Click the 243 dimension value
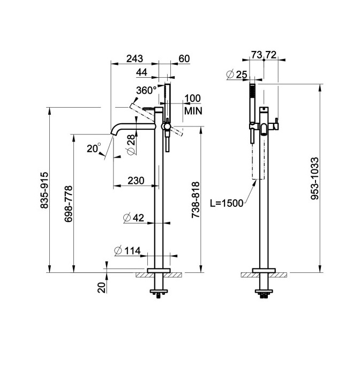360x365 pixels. point(134,58)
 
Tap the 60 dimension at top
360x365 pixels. point(184,58)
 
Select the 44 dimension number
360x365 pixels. point(141,72)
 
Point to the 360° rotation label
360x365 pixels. point(146,91)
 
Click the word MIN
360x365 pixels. point(193,111)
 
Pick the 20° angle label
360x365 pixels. point(94,148)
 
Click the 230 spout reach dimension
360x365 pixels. point(136,181)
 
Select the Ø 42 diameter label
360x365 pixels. point(133,218)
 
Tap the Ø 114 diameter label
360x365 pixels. point(127,250)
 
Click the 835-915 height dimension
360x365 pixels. point(44,190)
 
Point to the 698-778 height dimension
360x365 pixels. point(69,204)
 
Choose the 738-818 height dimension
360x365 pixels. point(196,200)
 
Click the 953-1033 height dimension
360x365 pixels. point(314,178)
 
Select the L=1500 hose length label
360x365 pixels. point(227,203)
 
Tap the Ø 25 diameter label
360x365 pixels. point(236,75)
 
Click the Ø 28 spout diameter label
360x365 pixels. point(131,145)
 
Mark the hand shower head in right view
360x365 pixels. point(252,103)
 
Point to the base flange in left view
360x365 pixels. point(159,271)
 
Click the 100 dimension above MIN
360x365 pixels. point(193,98)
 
